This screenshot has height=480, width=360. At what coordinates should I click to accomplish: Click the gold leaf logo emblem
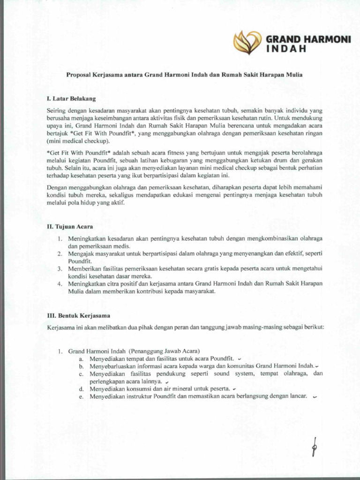[x=247, y=42]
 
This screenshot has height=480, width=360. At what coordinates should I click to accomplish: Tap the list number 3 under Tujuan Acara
[x=60, y=269]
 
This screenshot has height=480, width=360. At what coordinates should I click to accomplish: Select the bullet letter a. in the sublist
[x=81, y=358]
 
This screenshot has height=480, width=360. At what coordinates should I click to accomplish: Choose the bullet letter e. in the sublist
[x=81, y=396]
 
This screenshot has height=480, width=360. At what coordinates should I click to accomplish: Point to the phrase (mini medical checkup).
[x=78, y=141]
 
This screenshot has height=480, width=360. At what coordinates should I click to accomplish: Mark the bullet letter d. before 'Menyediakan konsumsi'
[x=81, y=389]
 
